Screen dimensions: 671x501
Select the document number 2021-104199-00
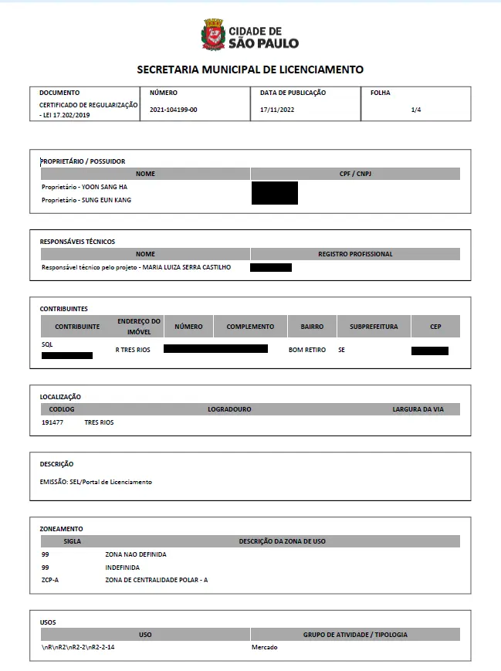(x=174, y=110)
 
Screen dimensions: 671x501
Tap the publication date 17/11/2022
(x=277, y=110)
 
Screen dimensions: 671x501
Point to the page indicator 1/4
(x=416, y=110)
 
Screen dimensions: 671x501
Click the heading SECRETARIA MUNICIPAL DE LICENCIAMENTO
(x=250, y=69)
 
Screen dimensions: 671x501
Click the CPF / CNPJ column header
(x=355, y=174)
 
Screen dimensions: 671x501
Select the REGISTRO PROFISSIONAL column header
(x=355, y=254)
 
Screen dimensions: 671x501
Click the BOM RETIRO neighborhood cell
(x=313, y=350)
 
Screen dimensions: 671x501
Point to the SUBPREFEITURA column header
(x=374, y=327)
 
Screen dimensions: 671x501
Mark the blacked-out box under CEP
(x=429, y=351)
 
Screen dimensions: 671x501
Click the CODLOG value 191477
(x=52, y=422)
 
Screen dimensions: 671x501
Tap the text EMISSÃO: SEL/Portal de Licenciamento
(x=96, y=482)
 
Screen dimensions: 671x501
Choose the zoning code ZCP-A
(x=50, y=580)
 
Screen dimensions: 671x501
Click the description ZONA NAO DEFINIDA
(x=136, y=554)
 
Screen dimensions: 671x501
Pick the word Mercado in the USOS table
(x=264, y=647)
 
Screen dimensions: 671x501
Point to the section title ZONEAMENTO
(x=61, y=529)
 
